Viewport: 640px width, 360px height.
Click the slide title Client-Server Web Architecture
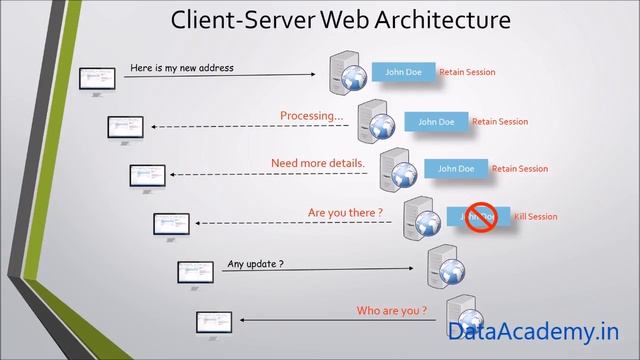341,20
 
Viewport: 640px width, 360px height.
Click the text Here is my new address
182,68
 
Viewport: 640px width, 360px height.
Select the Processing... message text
311,116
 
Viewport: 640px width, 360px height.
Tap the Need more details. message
318,163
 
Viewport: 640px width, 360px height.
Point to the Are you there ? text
345,212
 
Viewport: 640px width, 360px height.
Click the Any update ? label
255,264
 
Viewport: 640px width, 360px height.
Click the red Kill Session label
535,217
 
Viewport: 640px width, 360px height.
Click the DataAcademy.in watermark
533,331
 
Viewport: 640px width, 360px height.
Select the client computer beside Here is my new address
97,77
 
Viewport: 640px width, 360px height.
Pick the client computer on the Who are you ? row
214,322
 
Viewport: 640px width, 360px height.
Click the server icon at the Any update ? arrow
443,265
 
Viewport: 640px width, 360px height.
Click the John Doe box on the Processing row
435,122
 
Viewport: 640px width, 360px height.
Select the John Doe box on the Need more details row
456,169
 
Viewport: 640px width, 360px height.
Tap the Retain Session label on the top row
467,72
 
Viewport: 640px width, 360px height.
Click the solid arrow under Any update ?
320,270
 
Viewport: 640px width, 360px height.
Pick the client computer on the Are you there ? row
171,224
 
